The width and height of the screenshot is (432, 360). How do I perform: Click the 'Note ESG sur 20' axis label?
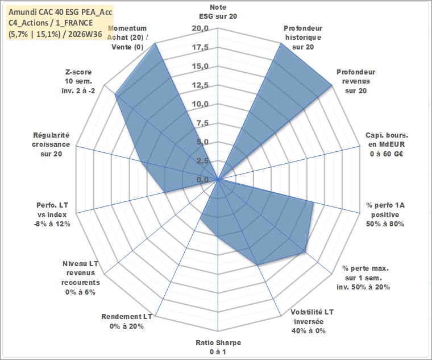click(218, 12)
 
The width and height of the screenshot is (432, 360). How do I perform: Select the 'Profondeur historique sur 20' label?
click(303, 38)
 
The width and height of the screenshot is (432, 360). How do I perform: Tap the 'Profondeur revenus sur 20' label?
click(356, 81)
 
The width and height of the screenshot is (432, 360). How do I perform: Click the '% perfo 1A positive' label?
click(385, 214)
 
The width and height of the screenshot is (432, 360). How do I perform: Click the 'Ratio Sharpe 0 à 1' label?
click(218, 347)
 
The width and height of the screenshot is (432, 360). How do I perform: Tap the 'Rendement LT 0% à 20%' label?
click(126, 321)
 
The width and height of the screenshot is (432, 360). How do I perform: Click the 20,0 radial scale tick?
click(200, 28)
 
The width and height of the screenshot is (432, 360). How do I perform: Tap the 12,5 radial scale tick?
click(200, 85)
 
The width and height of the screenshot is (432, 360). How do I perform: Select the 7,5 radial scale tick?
click(202, 123)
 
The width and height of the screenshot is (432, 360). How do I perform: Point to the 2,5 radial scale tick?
click(202, 162)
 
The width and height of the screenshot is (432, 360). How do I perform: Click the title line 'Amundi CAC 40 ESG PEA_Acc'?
click(60, 12)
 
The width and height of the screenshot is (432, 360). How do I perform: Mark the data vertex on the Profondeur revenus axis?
click(332, 86)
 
